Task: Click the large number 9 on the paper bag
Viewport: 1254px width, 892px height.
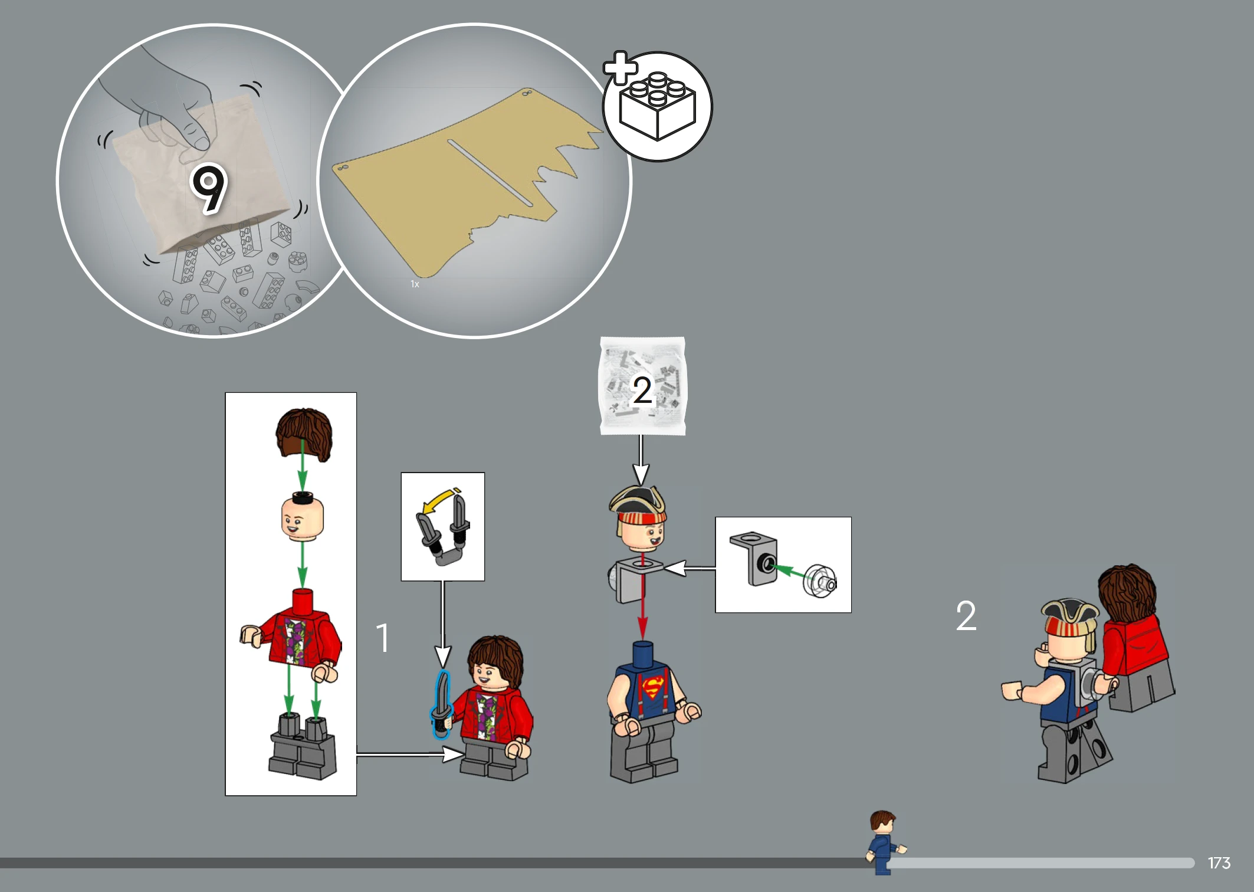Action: (209, 188)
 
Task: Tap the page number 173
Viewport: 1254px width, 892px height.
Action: (1219, 863)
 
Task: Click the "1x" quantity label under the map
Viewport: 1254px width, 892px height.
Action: (415, 284)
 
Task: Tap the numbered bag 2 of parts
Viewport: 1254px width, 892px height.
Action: (642, 386)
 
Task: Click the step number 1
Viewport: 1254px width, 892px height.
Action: (383, 638)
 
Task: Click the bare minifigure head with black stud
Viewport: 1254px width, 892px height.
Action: (303, 516)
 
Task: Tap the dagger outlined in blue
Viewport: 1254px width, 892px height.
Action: (442, 704)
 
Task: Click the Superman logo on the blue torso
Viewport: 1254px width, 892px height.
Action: (653, 687)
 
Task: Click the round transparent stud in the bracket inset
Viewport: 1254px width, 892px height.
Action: (820, 581)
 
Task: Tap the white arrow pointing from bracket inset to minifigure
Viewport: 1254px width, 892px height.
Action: (689, 569)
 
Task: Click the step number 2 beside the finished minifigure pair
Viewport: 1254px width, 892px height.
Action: (966, 616)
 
